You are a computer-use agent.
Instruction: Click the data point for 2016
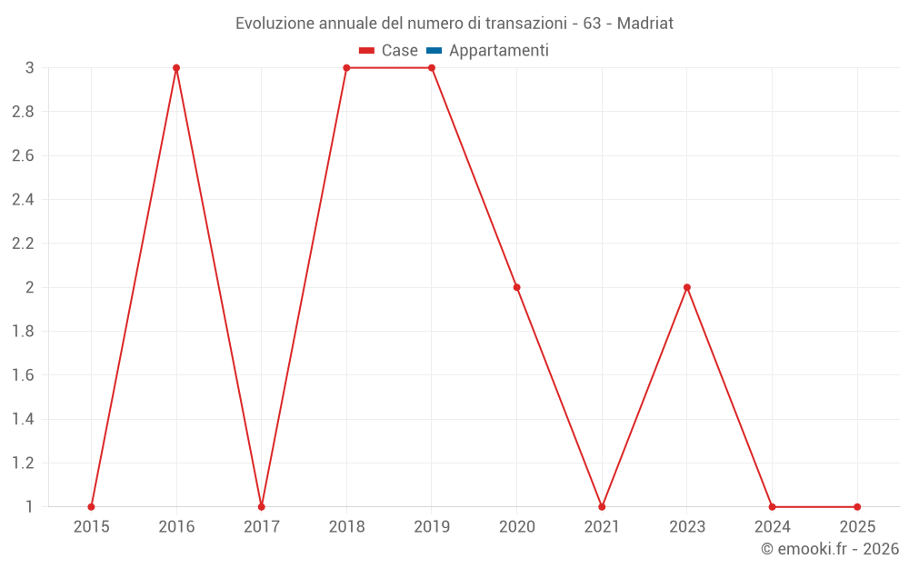coord(176,68)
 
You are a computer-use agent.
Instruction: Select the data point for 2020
coord(517,287)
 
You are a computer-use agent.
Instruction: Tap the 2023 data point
coord(687,287)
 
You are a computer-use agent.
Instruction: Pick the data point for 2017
coord(262,506)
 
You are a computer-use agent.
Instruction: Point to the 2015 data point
coord(91,506)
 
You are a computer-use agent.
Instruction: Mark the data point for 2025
coord(857,506)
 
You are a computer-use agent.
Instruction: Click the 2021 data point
coord(602,506)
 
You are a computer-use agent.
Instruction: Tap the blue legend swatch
coord(434,51)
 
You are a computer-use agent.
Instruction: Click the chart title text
coord(454,24)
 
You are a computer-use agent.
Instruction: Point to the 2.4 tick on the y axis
coord(23,200)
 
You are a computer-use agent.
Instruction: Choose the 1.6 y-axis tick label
coord(23,375)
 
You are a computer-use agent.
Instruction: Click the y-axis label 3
coord(30,68)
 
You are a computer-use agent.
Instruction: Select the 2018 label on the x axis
coord(346,526)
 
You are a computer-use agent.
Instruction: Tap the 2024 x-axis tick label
coord(772,526)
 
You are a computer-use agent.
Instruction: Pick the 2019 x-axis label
coord(432,526)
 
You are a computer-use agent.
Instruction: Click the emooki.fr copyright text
coord(830,549)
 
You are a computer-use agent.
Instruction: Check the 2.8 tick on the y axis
coord(23,112)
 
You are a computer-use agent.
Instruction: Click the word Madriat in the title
coord(645,24)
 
